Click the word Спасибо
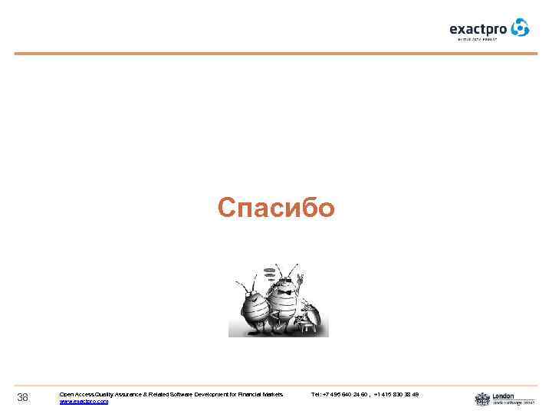point(276,208)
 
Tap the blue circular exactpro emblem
point(521,28)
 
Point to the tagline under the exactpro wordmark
point(478,38)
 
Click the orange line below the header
point(276,53)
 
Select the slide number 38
point(23,396)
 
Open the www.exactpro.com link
point(84,401)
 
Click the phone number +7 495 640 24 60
point(345,394)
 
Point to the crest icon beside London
point(481,399)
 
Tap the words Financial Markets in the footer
point(264,394)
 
